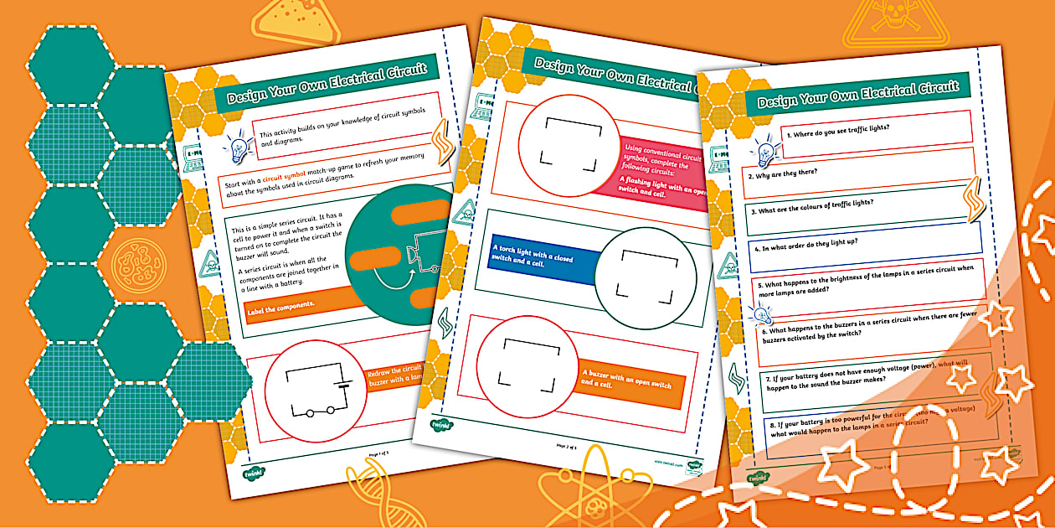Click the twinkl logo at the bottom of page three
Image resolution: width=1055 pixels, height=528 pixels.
click(x=757, y=478)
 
